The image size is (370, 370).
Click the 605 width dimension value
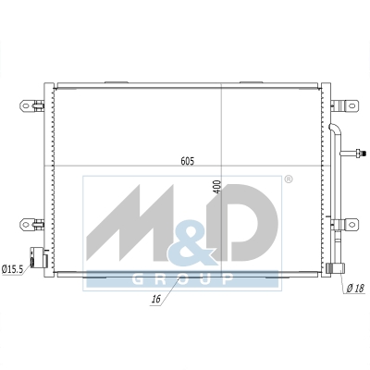click(x=188, y=161)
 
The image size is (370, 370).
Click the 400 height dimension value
click(x=217, y=187)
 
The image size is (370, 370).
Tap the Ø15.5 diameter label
click(x=12, y=269)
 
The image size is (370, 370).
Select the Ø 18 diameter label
click(x=355, y=289)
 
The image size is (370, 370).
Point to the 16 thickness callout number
click(x=156, y=299)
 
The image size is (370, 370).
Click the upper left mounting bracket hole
click(x=26, y=105)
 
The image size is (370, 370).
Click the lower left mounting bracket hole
click(x=26, y=224)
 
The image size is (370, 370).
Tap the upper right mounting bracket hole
click(x=351, y=105)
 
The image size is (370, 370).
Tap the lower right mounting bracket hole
click(x=351, y=224)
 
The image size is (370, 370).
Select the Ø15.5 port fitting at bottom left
click(x=38, y=257)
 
